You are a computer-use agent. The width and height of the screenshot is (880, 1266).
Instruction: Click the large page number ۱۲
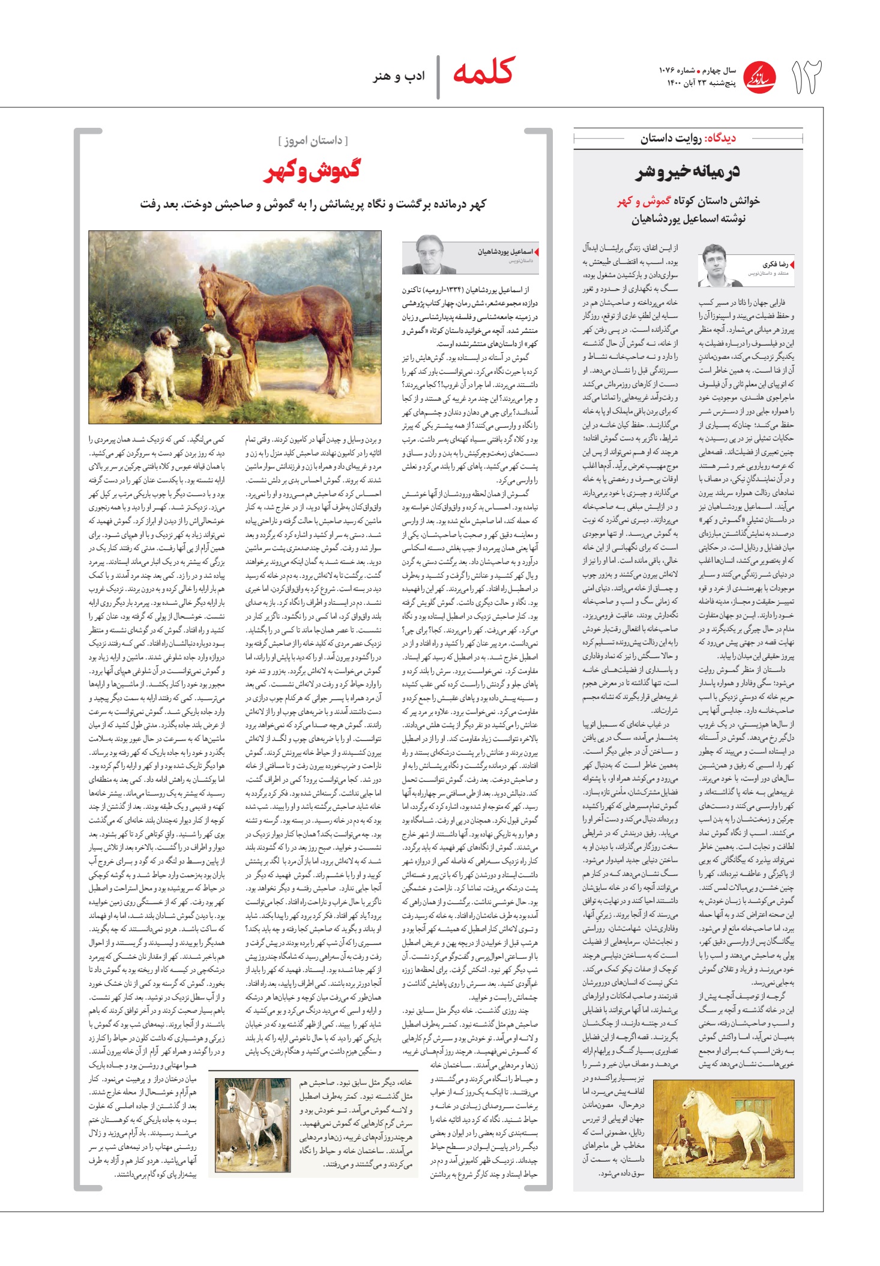pos(806,77)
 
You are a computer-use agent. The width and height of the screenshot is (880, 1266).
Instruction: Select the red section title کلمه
pos(483,72)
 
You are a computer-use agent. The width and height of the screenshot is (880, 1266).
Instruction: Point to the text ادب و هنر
pos(399,76)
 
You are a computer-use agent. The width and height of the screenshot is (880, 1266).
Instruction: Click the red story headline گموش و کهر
pos(312,171)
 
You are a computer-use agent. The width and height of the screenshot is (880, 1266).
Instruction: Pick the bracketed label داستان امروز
pos(313,140)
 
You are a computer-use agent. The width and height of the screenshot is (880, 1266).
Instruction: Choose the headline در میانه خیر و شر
pos(688,172)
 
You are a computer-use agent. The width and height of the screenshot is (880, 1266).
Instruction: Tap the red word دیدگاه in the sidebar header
pos(722,139)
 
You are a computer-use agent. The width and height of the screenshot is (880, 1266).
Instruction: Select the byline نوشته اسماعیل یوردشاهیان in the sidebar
pos(688,219)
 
